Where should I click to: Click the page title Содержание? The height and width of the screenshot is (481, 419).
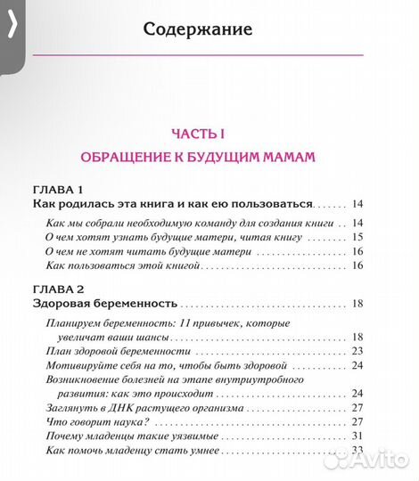(198, 29)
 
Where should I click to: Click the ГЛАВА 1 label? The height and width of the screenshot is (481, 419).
(58, 191)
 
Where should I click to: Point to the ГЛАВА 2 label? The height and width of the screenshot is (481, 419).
(58, 289)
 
